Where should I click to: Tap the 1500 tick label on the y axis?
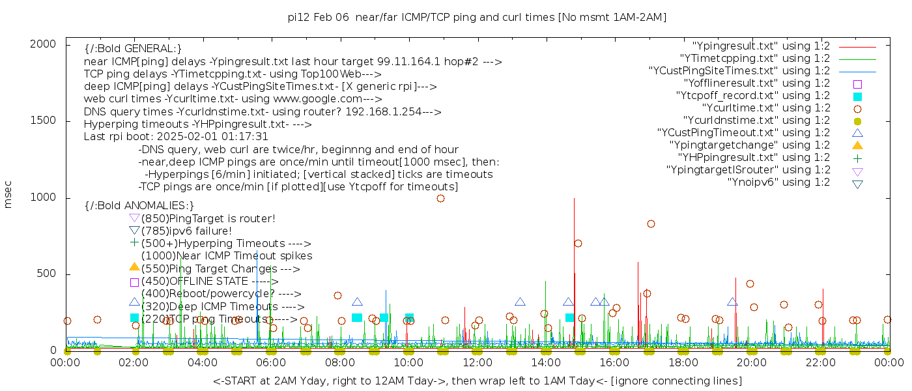43,121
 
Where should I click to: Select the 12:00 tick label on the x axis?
477,362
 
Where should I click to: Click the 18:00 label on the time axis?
683,362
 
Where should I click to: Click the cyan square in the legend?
857,96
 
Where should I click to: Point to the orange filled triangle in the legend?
857,145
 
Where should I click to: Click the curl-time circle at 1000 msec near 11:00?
440,199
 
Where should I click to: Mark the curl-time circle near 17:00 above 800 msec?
651,224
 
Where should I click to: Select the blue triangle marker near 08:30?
357,302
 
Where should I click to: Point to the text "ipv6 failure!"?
200,231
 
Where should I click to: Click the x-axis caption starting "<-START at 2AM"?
477,381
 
